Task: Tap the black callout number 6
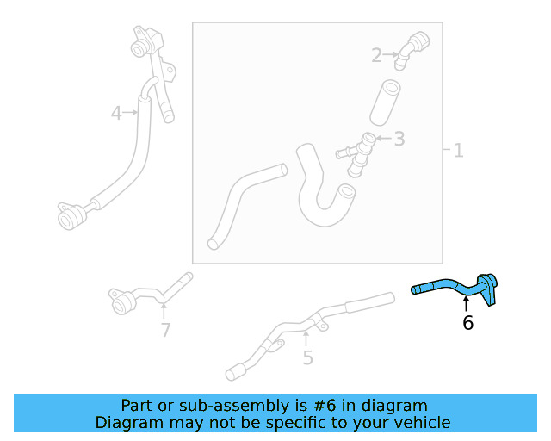(467, 323)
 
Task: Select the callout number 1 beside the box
(458, 151)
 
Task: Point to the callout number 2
(376, 56)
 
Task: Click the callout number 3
(399, 138)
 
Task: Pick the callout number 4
(117, 112)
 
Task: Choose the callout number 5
(307, 357)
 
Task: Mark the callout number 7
(165, 330)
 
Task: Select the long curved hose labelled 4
(129, 155)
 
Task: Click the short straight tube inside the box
(386, 103)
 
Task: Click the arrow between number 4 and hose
(132, 112)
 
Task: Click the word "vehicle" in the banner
(422, 422)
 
